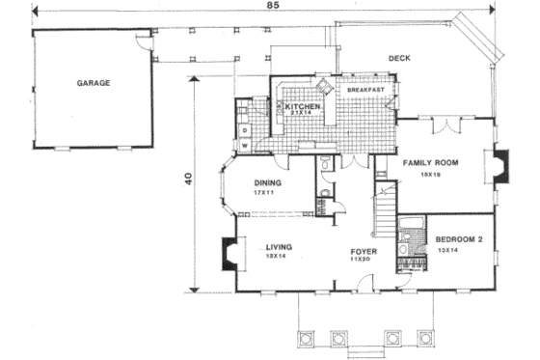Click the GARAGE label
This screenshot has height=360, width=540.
coord(94,83)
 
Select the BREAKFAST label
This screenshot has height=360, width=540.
coord(367,90)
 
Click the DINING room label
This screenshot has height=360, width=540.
coord(268,183)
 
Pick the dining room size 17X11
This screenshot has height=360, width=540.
coord(265,193)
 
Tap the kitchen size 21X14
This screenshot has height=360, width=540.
coord(301,113)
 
